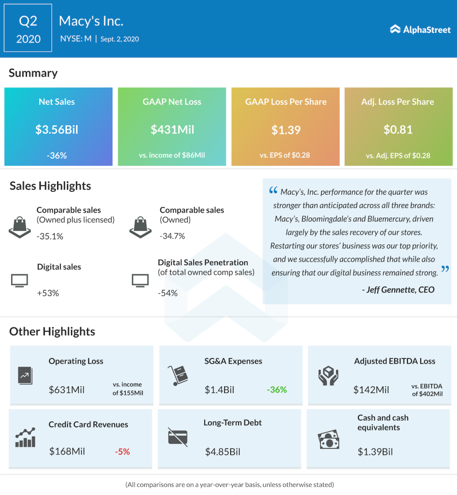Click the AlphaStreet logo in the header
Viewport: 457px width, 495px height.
(420, 29)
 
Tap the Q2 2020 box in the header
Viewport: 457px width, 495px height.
(28, 29)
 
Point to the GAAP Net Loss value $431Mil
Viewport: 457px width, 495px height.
(172, 130)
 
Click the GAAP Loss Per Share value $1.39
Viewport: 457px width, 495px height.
(286, 130)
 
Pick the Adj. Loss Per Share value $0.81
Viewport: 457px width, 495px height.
(398, 130)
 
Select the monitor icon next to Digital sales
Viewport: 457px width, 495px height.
(19, 280)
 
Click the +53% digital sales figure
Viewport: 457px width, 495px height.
(48, 293)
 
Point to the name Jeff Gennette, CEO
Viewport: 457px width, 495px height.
(398, 290)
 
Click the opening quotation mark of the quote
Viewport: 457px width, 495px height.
(273, 191)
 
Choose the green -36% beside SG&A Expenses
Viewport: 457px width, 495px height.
(277, 390)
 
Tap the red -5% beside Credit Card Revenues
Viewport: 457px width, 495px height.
(122, 452)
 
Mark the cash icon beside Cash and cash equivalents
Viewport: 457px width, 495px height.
(328, 440)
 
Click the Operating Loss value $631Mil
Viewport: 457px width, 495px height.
(67, 390)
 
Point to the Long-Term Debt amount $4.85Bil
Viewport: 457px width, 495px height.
(223, 452)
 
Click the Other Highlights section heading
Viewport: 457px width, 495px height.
(52, 332)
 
